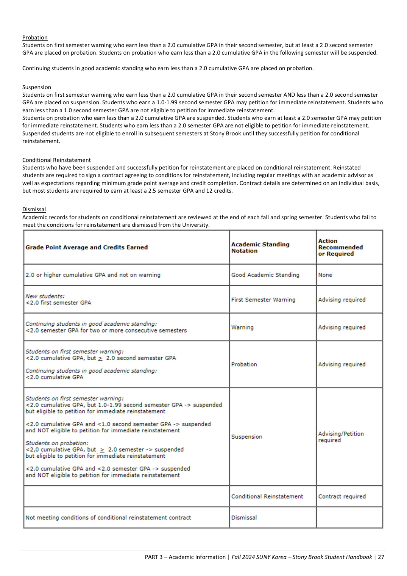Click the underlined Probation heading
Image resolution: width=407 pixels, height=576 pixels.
click(x=35, y=38)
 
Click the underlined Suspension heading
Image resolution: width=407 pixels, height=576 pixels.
click(x=36, y=87)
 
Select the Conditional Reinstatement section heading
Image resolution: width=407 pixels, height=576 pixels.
click(x=56, y=160)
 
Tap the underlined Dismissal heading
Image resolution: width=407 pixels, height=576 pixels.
click(x=34, y=209)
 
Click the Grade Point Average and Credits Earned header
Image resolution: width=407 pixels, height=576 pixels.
click(x=87, y=247)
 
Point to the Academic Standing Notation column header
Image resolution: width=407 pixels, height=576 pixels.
click(x=260, y=248)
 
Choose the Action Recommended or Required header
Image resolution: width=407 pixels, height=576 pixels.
click(x=340, y=247)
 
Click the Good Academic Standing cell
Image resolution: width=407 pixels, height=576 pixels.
click(x=265, y=275)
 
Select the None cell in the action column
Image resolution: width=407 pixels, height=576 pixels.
click(x=325, y=275)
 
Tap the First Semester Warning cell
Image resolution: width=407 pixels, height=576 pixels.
click(x=263, y=300)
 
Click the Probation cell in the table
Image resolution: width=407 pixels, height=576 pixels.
click(x=244, y=364)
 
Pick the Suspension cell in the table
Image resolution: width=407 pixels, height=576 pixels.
click(x=247, y=437)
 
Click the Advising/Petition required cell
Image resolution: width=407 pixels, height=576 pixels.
click(x=341, y=437)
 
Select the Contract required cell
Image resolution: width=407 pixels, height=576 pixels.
click(x=342, y=496)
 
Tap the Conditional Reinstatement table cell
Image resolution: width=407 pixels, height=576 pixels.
click(x=267, y=496)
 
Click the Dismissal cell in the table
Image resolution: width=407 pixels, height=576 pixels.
click(x=244, y=518)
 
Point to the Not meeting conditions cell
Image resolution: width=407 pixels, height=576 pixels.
click(x=108, y=518)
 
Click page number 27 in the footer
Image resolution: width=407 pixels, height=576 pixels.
click(x=381, y=557)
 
